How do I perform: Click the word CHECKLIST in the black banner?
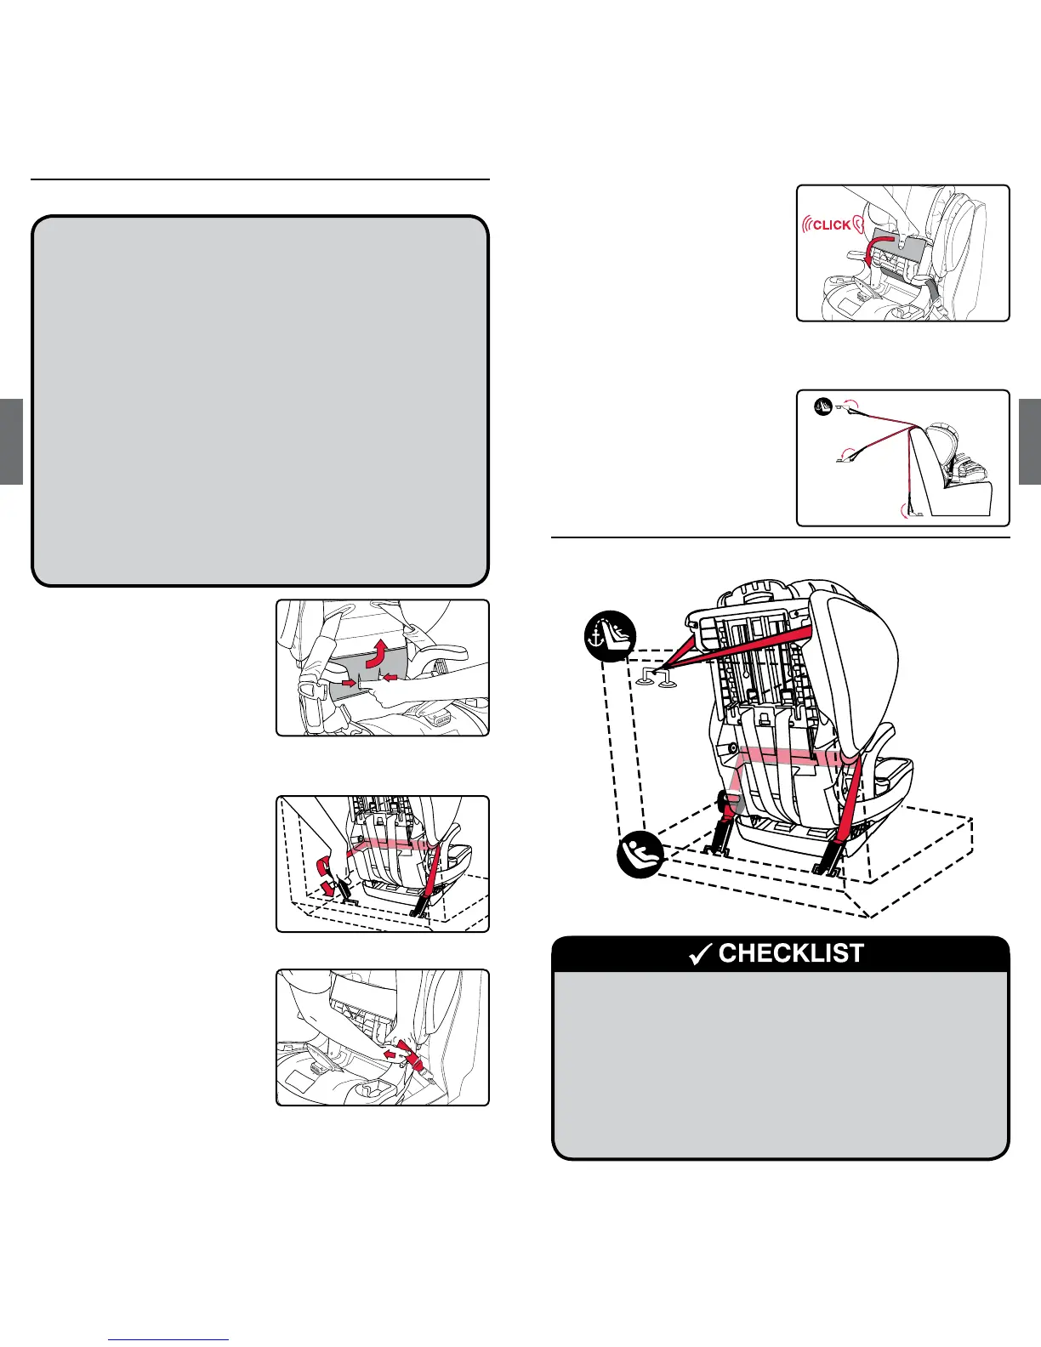[x=791, y=953]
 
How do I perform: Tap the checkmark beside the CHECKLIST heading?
[x=700, y=955]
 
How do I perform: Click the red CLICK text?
[x=832, y=225]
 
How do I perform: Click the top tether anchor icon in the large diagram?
[x=611, y=636]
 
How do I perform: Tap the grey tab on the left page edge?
[x=10, y=441]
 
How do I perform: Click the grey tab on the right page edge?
[x=1029, y=441]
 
